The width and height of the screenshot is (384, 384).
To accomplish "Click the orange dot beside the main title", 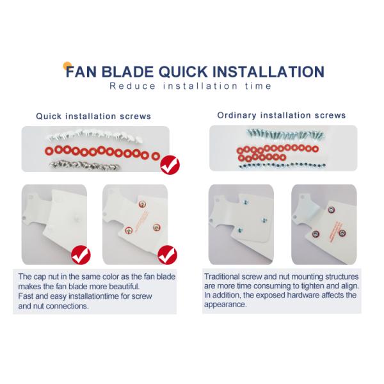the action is coord(67,66).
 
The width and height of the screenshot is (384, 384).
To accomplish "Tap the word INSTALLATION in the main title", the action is coord(268,72).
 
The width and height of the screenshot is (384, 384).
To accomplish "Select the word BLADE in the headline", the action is coord(127,72).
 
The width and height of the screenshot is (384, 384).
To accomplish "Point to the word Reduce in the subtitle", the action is coord(132,86).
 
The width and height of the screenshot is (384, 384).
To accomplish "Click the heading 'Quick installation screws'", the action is coord(93,116).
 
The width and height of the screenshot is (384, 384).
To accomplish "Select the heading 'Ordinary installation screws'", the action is coord(282,115).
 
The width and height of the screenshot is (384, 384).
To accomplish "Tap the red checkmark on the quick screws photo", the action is coord(170,165).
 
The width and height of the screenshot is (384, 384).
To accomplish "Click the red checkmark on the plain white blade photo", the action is coord(81,255).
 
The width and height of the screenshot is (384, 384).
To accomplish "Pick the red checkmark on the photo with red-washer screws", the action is coord(168,255).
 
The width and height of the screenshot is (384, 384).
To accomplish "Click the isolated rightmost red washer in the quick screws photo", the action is coord(156,156).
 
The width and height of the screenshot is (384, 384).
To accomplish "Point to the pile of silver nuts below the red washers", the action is coord(84,166).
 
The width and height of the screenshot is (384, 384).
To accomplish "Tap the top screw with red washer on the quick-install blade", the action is coord(142,204).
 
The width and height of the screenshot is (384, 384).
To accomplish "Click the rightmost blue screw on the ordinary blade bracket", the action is coord(264,220).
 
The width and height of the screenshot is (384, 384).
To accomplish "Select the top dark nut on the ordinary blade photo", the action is coord(331,210).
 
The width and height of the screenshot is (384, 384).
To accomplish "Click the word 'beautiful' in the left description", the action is coord(124,286).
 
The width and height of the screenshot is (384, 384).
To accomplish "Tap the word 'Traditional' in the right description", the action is coord(221,276).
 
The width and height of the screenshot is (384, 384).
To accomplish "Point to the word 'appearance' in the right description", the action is coord(225,305).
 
